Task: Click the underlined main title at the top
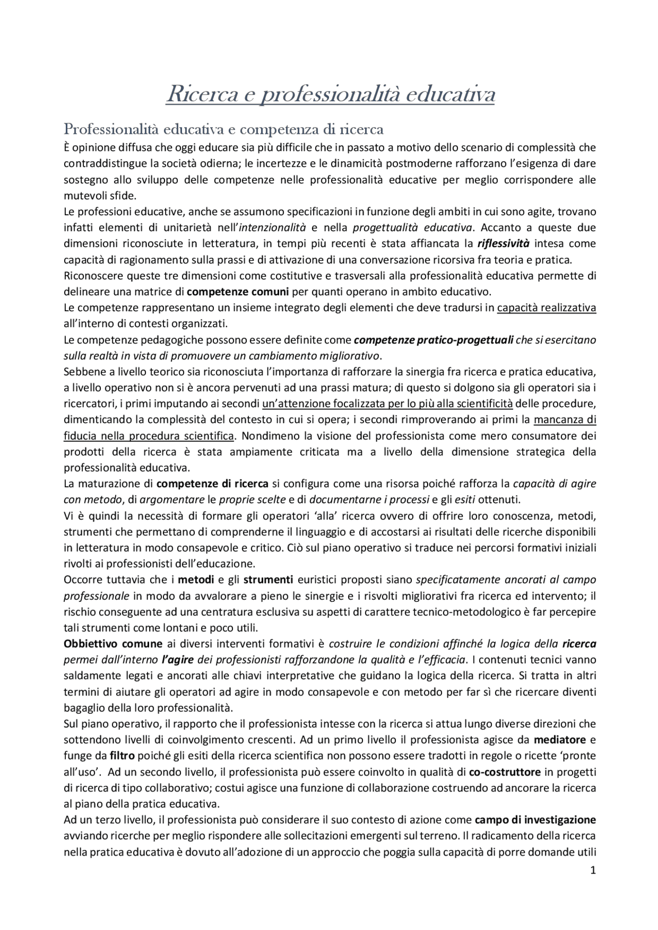(x=330, y=95)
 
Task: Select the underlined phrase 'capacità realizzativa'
(x=546, y=308)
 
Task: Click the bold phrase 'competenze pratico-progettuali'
(x=433, y=340)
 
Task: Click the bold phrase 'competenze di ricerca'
(x=212, y=484)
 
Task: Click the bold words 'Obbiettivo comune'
(x=113, y=644)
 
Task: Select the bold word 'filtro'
(x=122, y=756)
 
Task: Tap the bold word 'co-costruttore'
(x=505, y=772)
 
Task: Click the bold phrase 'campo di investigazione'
(x=535, y=820)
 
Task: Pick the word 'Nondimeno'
(x=265, y=436)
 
